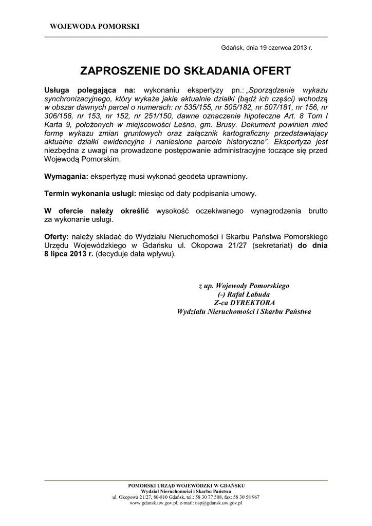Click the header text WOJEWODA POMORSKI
click(94, 26)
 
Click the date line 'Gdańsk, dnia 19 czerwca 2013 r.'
click(266, 47)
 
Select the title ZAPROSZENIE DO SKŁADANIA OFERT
click(185, 70)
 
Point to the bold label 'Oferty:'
click(57, 236)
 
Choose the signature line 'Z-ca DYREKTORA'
click(244, 303)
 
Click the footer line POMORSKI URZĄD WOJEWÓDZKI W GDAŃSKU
click(186, 485)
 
